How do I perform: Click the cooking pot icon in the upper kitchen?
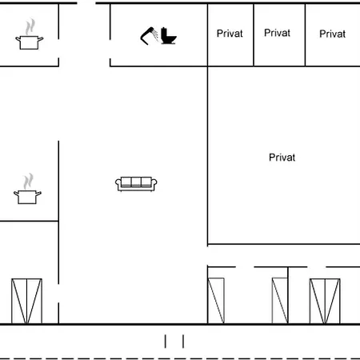click(x=30, y=42)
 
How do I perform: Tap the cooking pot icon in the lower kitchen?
click(x=27, y=197)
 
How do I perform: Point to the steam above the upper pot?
click(x=30, y=26)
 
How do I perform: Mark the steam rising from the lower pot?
click(x=28, y=182)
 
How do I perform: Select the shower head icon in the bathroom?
click(x=149, y=36)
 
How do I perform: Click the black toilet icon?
click(x=169, y=35)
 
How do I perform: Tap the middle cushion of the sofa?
click(x=136, y=182)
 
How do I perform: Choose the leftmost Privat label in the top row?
click(x=230, y=34)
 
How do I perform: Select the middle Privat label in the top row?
click(x=277, y=33)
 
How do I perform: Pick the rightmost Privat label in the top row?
click(x=332, y=34)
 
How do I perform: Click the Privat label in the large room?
click(x=282, y=158)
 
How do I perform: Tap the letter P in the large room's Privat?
click(x=272, y=158)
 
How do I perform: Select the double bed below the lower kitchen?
click(x=26, y=301)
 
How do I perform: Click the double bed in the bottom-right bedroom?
click(x=325, y=301)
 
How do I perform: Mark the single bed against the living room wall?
click(x=216, y=301)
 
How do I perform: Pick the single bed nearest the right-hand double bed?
click(x=280, y=301)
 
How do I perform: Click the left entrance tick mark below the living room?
click(x=166, y=342)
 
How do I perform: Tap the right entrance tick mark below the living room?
click(x=183, y=342)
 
